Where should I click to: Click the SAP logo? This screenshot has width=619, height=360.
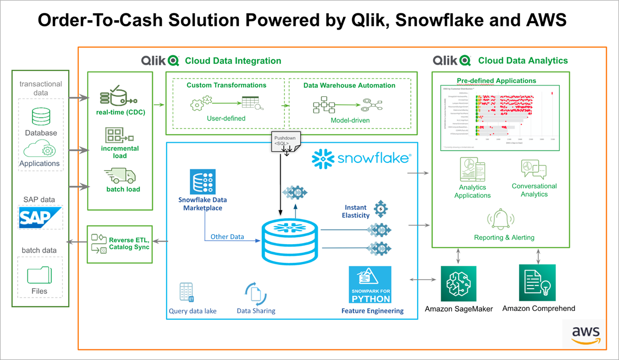click(40, 217)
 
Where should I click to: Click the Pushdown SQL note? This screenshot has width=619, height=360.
click(285, 141)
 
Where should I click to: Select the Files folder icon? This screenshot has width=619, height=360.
click(40, 274)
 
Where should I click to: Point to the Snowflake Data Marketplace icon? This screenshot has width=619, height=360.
click(204, 182)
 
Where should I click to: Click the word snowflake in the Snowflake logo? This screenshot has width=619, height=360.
click(373, 158)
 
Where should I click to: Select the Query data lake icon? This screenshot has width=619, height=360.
click(186, 292)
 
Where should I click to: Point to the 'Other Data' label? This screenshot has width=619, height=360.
click(227, 236)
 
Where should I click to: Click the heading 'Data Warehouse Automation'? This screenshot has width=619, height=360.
click(349, 85)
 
